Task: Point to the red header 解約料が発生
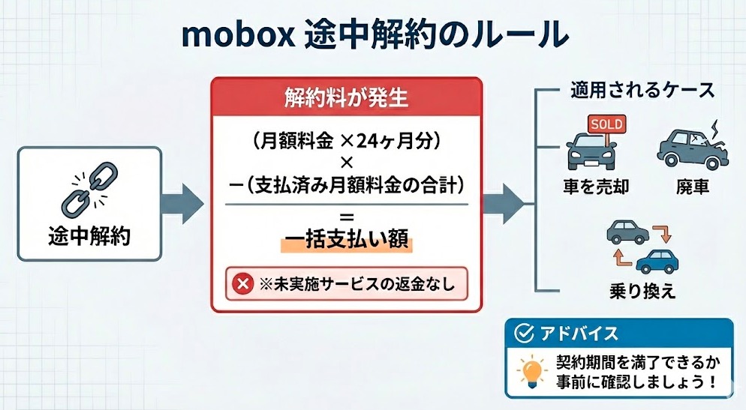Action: click(346, 97)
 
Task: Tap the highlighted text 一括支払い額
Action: click(346, 241)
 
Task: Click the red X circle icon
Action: click(243, 284)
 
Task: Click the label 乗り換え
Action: click(643, 291)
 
